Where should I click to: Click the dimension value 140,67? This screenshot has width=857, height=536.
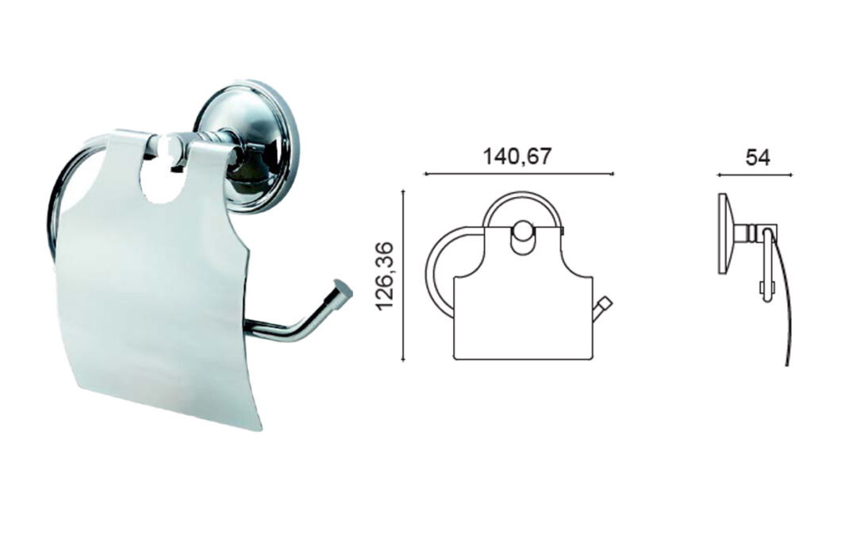pos(517,157)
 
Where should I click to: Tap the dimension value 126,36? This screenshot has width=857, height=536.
pos(385,275)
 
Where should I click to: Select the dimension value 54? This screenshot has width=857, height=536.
pos(758,157)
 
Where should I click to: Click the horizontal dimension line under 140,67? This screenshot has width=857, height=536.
pos(519,174)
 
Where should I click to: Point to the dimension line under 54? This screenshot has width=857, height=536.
pos(755,175)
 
